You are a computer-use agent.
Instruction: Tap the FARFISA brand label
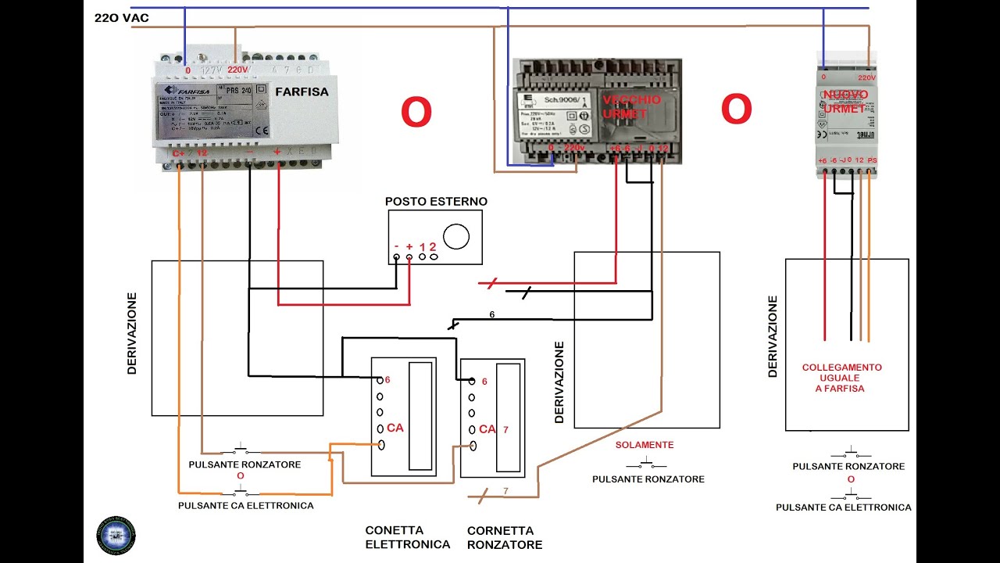[x=302, y=91]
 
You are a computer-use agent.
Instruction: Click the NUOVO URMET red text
[x=845, y=102]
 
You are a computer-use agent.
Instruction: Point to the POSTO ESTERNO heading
[x=436, y=202]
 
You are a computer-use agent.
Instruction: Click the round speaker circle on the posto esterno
[x=455, y=235]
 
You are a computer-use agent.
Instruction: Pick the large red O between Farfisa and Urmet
[x=416, y=113]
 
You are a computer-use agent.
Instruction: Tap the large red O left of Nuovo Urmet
[x=736, y=109]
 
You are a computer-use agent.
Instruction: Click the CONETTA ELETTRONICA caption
[x=407, y=537]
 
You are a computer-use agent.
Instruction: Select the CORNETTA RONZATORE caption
[x=504, y=537]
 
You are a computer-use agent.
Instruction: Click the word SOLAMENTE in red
[x=644, y=445]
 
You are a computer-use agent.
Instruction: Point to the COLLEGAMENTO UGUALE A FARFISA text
[x=841, y=378]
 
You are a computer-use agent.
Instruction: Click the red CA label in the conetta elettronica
[x=395, y=429]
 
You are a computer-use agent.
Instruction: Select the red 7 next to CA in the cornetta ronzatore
[x=505, y=429]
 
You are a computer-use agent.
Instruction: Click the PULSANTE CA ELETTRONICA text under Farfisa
[x=245, y=506]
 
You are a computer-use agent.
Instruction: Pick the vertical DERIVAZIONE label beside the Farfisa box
[x=131, y=334]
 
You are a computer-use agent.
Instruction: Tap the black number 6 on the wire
[x=491, y=314]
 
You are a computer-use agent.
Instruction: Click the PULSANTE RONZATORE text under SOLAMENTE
[x=648, y=479]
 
